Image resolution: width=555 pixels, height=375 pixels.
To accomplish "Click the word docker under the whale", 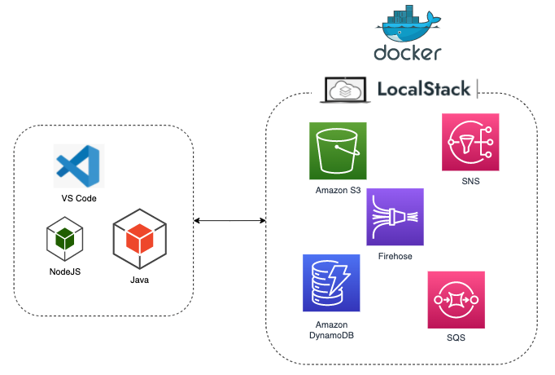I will click(408, 54).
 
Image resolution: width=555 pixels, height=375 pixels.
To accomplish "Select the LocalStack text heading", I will click(424, 89).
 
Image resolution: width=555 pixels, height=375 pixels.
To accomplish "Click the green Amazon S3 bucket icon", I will click(338, 151).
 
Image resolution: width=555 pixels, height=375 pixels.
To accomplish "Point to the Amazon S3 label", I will click(338, 191).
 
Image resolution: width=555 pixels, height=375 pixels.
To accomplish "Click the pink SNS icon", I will click(470, 142).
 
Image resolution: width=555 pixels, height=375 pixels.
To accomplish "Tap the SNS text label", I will click(470, 182).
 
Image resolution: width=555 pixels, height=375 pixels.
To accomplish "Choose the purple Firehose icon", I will click(395, 217).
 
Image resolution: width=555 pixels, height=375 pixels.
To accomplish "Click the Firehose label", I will click(395, 256).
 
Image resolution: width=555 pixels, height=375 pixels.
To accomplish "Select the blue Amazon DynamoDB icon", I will click(330, 283).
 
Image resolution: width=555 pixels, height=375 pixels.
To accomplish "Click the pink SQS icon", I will click(456, 300).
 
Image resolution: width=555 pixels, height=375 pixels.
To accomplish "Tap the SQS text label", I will click(456, 337).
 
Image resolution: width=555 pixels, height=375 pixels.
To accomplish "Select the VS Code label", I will click(78, 199).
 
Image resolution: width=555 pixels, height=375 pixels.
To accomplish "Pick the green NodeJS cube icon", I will click(66, 238).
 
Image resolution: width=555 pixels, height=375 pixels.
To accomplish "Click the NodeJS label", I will click(66, 271).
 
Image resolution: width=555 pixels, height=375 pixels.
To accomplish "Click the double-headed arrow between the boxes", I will click(229, 221).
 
